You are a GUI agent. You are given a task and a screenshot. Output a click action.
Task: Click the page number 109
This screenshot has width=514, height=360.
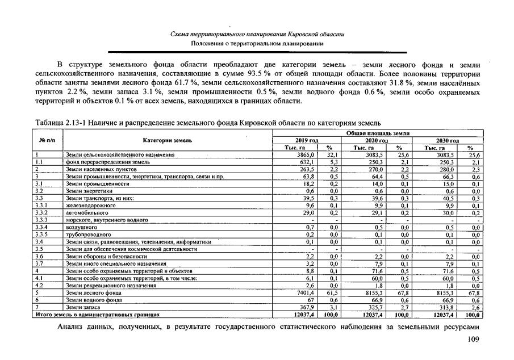pos(473,340)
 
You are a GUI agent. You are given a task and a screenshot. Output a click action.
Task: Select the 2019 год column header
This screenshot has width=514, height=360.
pos(307,140)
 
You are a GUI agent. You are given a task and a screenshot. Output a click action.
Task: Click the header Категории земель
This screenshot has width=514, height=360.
pos(168,140)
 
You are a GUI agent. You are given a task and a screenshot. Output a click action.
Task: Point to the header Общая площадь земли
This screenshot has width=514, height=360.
pos(378,132)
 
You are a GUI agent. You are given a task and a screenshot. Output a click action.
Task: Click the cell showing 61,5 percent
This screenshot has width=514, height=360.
pos(333,292)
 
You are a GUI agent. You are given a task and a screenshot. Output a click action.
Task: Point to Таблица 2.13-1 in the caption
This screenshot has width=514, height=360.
pos(60,123)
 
